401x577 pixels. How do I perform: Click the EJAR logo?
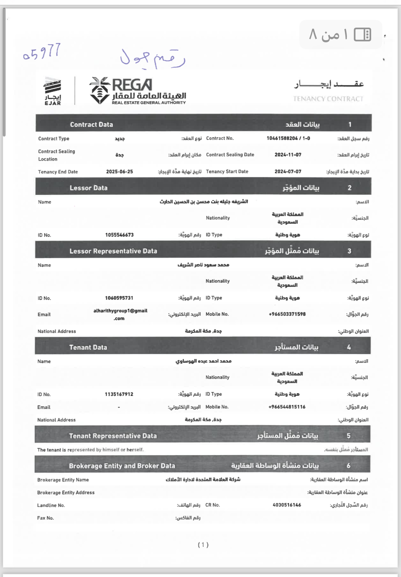coord(53,91)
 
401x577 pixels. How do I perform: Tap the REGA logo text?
coord(132,85)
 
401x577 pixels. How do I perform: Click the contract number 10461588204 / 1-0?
coord(288,138)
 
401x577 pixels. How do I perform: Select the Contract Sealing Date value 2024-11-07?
coord(288,155)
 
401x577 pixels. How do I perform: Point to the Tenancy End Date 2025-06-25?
coord(119,172)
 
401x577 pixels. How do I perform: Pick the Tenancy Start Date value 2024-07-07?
coord(288,172)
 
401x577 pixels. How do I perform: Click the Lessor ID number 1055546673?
coord(119,235)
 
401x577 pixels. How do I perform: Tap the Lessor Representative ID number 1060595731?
coord(119,298)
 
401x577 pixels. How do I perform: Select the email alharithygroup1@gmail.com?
coord(120,314)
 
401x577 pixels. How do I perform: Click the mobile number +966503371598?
coord(287,314)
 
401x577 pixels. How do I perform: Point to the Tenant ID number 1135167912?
coord(119,394)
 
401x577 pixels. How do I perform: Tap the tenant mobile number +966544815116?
coord(287,407)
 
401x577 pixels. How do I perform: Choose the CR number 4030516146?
coord(287,505)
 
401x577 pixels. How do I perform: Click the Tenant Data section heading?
coord(88,347)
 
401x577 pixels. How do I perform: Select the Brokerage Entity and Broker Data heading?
coord(122,466)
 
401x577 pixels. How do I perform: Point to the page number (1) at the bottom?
coord(203,545)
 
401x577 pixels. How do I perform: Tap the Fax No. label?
coord(45,518)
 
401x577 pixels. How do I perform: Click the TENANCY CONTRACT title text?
coord(328,99)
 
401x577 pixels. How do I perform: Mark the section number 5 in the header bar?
coord(348,436)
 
